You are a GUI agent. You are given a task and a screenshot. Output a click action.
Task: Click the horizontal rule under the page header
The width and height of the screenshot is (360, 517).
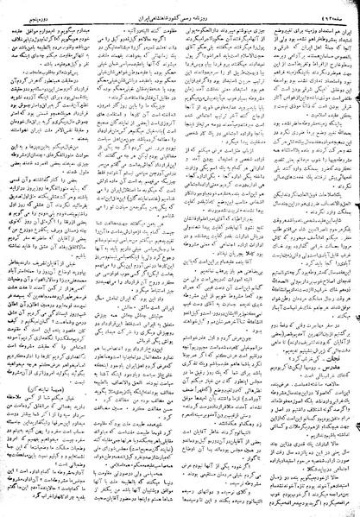[x=180, y=14]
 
